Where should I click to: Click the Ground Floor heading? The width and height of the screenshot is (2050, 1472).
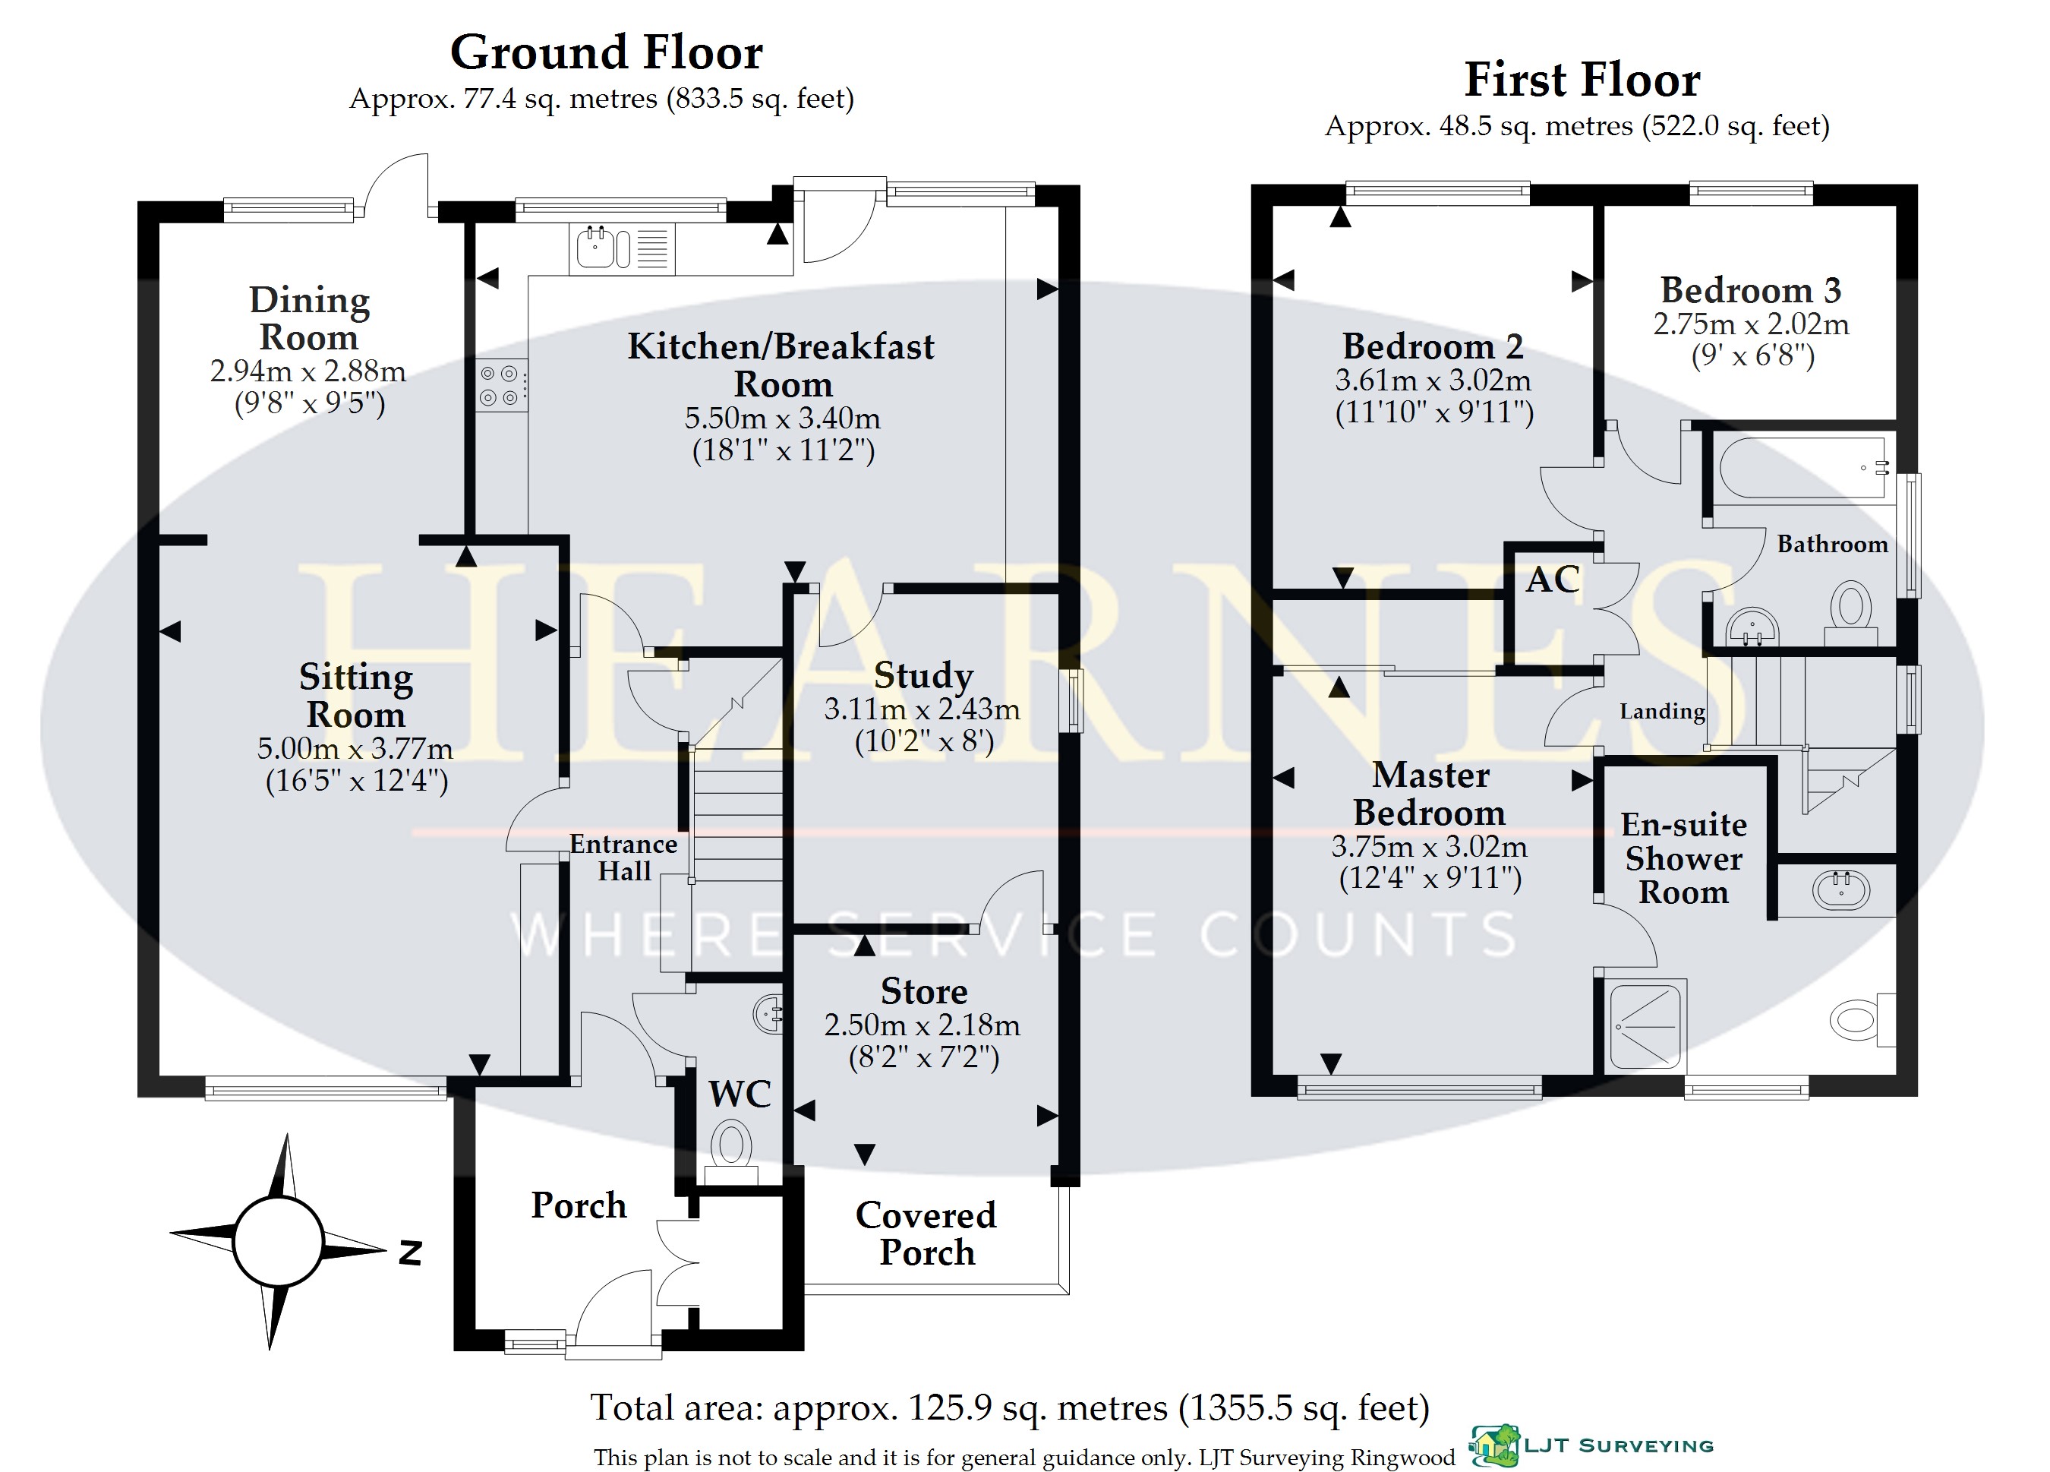click(607, 52)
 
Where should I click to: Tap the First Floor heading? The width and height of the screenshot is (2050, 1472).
click(1582, 80)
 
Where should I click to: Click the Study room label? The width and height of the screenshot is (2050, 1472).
click(922, 676)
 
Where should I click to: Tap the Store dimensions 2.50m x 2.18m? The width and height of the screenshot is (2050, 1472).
click(922, 1025)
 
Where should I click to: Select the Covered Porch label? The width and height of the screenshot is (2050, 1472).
click(926, 1234)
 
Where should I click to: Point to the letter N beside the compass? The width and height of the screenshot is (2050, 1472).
click(410, 1252)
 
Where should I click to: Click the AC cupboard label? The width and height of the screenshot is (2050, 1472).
click(1553, 580)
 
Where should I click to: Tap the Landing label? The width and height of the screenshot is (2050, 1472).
click(1662, 712)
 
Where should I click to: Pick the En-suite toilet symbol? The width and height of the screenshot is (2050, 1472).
click(1862, 1020)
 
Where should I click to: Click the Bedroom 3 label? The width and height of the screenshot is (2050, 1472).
click(1751, 290)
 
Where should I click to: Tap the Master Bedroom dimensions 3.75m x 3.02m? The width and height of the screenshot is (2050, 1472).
click(1429, 846)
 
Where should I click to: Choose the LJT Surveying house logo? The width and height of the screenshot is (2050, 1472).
click(1495, 1445)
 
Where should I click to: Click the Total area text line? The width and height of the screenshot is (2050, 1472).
click(1010, 1407)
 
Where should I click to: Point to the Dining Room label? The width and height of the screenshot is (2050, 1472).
click(309, 318)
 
